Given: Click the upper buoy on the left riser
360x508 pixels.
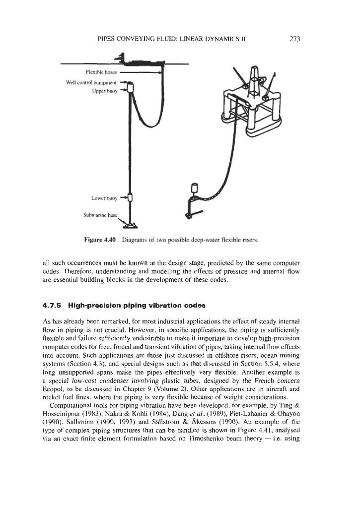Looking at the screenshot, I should click(x=130, y=89).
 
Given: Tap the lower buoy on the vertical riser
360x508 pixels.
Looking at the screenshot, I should click(x=130, y=198).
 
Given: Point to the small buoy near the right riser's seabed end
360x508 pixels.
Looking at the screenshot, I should click(x=194, y=188).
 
